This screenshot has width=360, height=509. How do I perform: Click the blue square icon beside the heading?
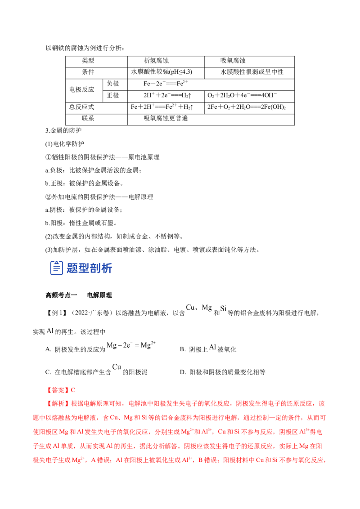56,268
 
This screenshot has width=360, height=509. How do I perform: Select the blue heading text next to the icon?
89,268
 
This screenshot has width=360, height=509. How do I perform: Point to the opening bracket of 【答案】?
49,389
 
